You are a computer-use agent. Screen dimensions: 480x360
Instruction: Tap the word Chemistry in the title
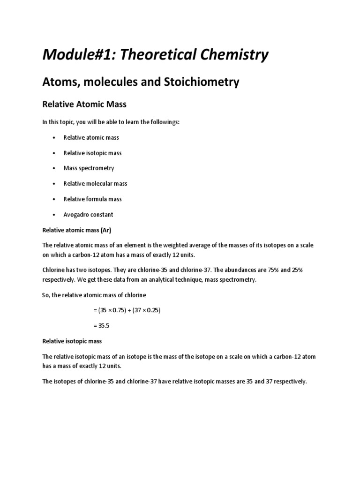point(229,55)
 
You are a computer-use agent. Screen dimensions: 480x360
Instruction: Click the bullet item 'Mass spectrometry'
point(89,168)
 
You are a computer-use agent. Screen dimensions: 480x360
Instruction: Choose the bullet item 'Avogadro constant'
point(88,215)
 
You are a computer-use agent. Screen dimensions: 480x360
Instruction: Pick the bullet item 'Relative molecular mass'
point(95,184)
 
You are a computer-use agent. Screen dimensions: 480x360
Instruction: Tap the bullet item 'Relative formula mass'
point(92,199)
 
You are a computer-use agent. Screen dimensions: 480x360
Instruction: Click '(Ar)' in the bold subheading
point(105,230)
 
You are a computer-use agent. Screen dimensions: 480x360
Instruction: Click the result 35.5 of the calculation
point(104,326)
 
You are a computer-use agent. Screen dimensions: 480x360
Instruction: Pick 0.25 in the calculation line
point(153,310)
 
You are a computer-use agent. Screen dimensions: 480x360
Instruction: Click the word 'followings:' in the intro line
point(164,122)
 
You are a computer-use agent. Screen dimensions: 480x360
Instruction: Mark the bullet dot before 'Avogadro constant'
point(54,215)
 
